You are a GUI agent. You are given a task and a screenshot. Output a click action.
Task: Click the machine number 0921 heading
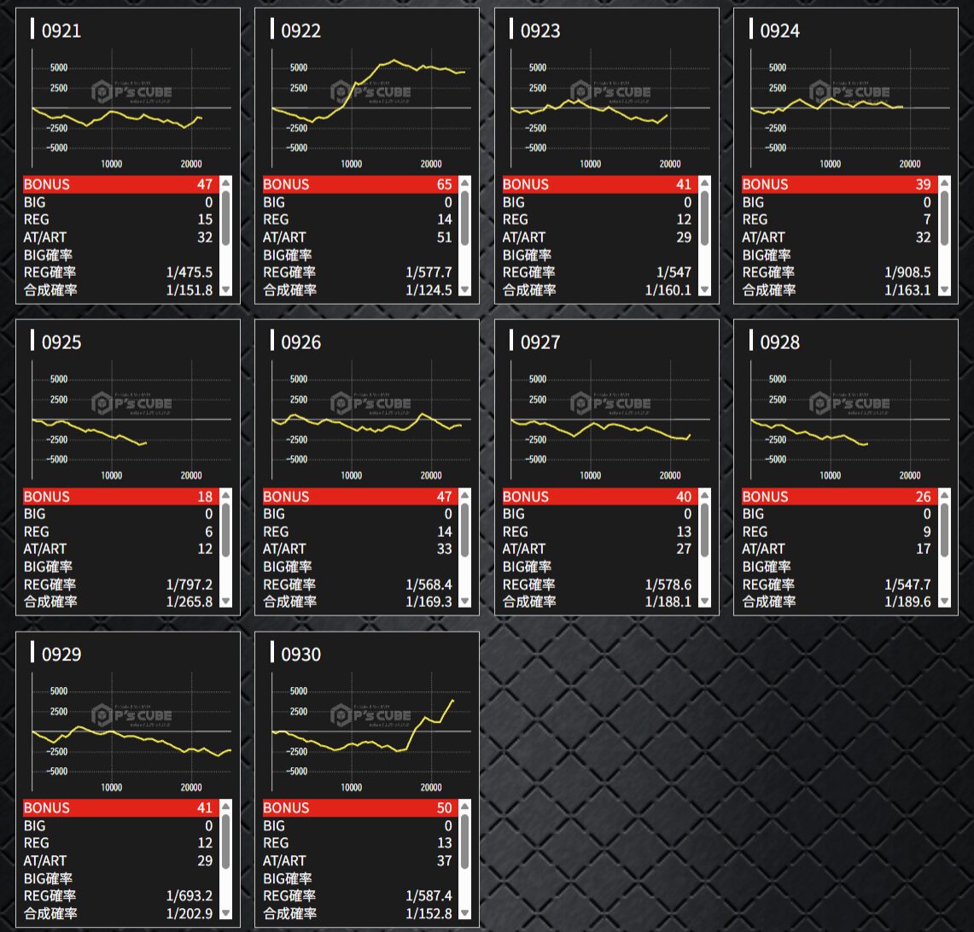tap(61, 31)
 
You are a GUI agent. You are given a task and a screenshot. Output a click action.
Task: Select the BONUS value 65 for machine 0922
tap(443, 184)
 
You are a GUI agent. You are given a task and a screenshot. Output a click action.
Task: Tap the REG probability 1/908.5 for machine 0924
tap(907, 272)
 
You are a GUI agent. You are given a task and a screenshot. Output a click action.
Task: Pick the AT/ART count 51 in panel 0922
tap(444, 237)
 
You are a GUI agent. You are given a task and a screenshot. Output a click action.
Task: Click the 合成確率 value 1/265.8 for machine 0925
tap(190, 602)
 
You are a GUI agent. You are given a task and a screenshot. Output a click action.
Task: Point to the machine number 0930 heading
tap(300, 655)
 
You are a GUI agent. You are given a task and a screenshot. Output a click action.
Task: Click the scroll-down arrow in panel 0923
tap(704, 290)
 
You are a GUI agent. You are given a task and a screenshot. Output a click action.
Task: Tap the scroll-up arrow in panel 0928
tap(944, 496)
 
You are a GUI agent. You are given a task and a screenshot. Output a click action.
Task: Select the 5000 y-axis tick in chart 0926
tap(299, 380)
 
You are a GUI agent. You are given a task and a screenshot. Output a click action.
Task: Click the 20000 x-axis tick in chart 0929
tap(191, 788)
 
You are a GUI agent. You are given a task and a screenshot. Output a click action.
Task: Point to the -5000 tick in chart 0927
tap(536, 460)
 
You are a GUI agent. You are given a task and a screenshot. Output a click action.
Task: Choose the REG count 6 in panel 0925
tap(208, 532)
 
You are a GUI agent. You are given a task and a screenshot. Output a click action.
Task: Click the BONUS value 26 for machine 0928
tap(923, 497)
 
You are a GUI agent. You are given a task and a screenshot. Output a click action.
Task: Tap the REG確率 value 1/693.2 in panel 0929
tap(190, 896)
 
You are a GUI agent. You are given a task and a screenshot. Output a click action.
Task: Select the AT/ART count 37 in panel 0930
tap(444, 861)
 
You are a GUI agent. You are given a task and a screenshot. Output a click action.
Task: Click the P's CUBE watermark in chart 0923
tap(610, 92)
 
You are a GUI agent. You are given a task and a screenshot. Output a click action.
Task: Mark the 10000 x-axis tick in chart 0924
tap(830, 164)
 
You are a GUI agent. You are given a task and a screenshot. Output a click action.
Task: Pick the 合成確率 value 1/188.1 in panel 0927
tap(668, 602)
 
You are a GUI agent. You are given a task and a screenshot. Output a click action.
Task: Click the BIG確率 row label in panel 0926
tap(288, 567)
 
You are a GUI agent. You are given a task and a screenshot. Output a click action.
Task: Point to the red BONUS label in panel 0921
tap(47, 184)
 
